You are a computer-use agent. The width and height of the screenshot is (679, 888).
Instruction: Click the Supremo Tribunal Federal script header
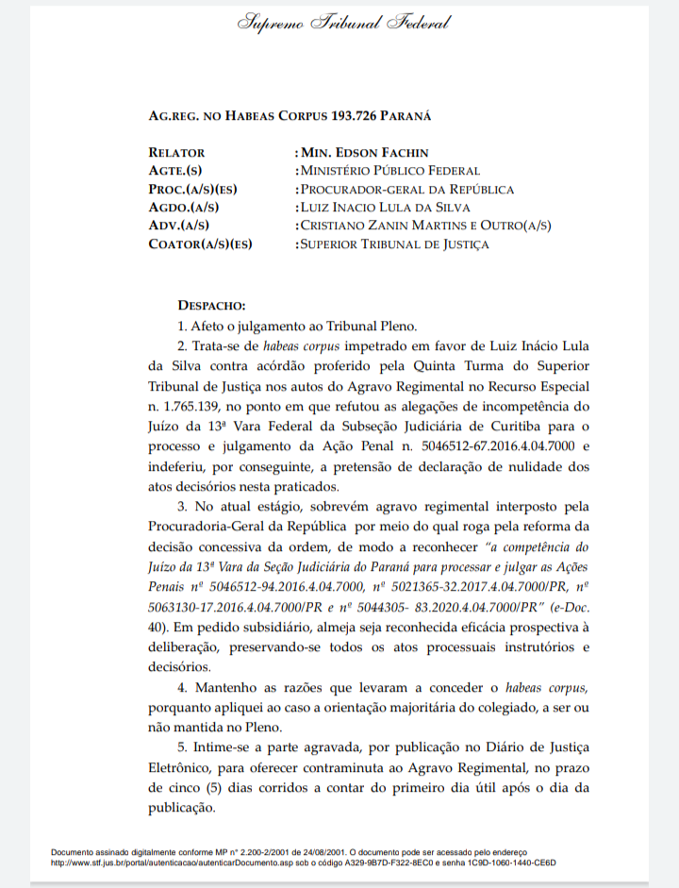(x=343, y=23)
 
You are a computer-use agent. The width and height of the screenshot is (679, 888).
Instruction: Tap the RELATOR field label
(x=176, y=153)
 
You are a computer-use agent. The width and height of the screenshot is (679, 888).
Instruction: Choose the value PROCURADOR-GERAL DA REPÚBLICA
(x=407, y=190)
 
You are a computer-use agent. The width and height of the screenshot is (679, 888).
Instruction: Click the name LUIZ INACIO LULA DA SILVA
(x=385, y=208)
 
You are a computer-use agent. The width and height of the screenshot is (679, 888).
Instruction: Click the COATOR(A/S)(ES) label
(x=200, y=244)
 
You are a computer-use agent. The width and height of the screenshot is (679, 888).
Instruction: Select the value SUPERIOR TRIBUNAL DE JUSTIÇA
(x=394, y=244)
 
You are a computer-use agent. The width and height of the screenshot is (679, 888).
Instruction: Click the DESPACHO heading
(x=211, y=306)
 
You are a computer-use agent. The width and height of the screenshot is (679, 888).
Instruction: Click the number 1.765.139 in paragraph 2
(x=183, y=407)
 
